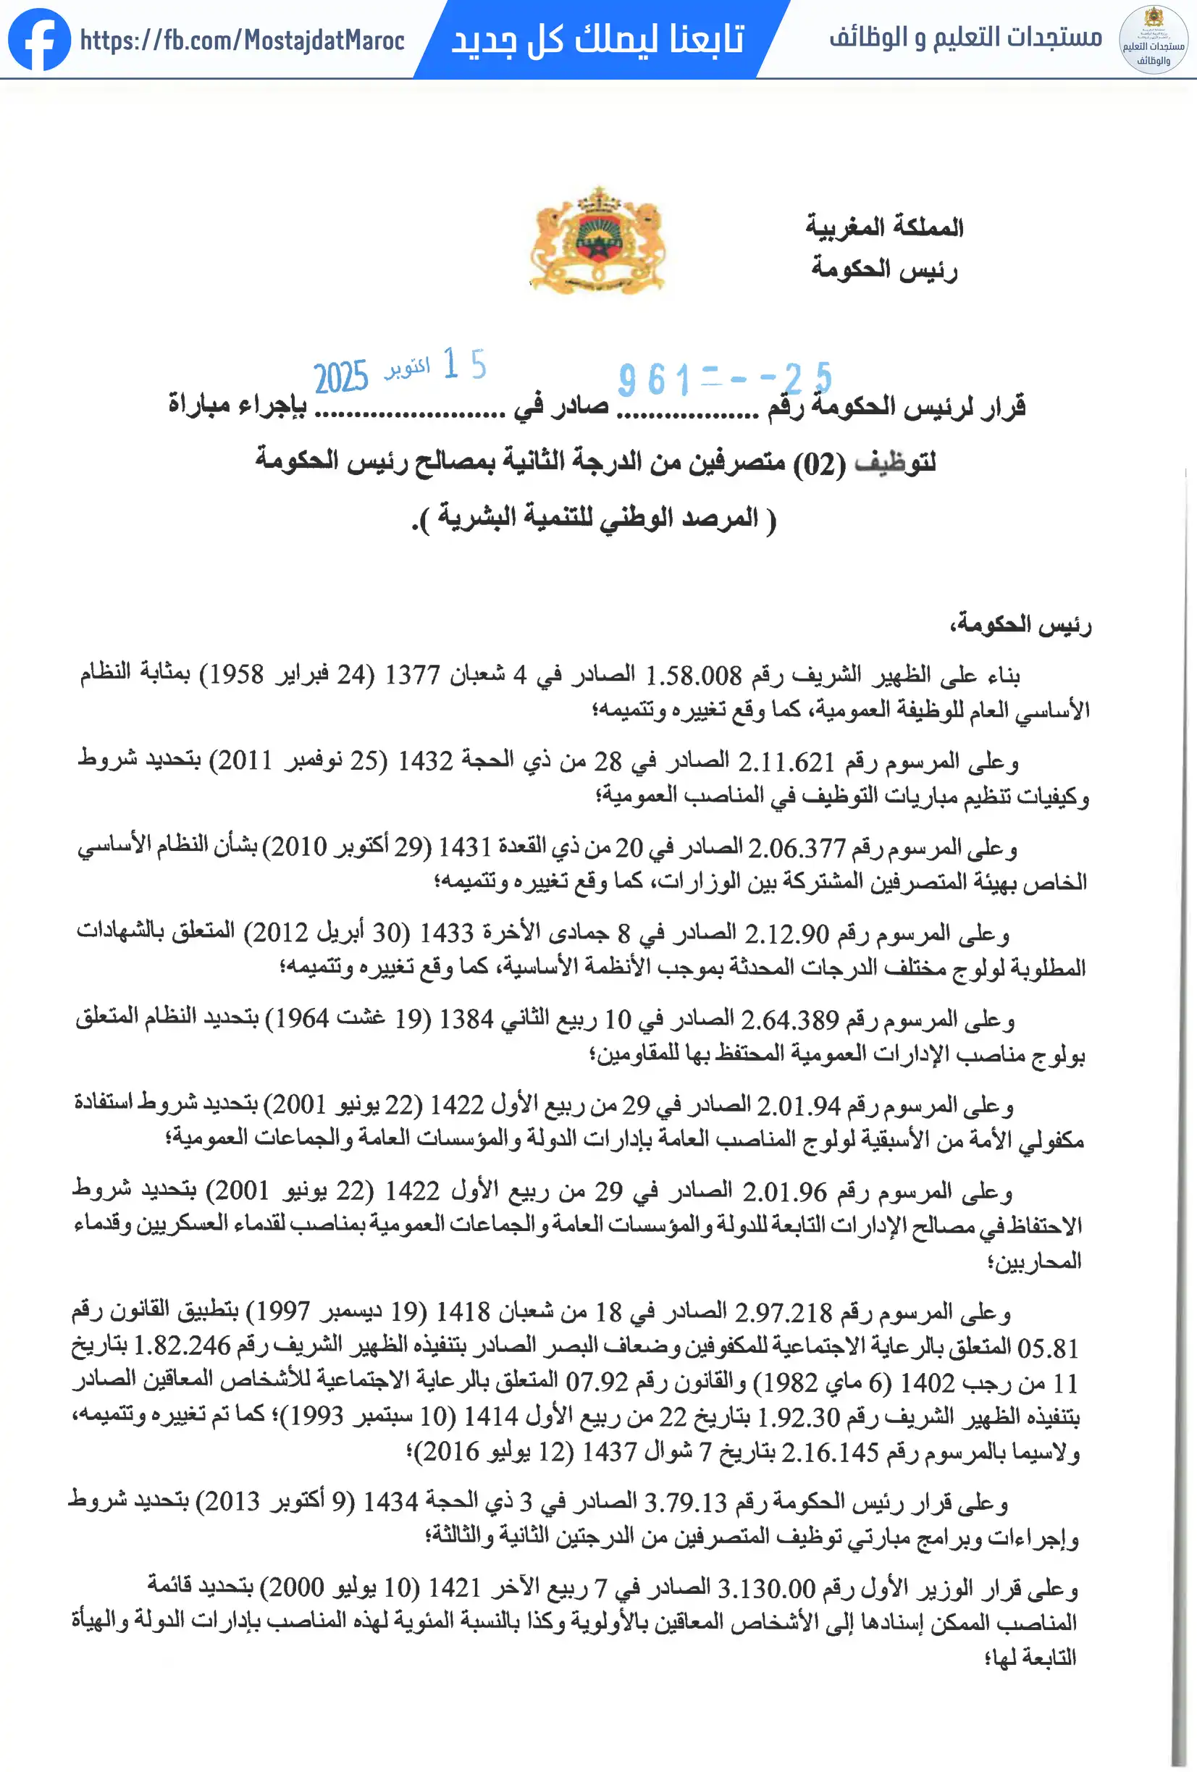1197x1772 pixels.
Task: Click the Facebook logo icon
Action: click(39, 40)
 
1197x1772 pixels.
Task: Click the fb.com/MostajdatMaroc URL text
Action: click(242, 40)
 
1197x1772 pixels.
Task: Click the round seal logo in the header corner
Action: click(1152, 40)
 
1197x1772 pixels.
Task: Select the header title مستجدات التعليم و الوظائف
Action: click(965, 37)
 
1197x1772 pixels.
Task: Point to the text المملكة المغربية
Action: click(884, 227)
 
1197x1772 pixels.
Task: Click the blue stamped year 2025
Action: click(341, 377)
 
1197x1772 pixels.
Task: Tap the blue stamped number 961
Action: click(654, 379)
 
